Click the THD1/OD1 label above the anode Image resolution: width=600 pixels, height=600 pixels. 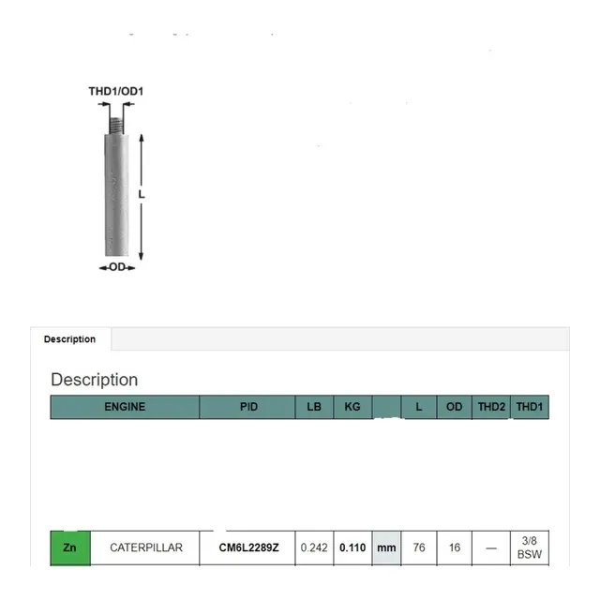[x=115, y=91]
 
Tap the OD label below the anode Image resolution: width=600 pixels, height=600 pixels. [x=117, y=267]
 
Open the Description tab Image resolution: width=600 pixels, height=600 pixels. [x=69, y=339]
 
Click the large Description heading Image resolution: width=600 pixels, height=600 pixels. [x=94, y=380]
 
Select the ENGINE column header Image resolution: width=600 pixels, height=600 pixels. [x=125, y=407]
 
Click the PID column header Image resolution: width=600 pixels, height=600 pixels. [x=248, y=407]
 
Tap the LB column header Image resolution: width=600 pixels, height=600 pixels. [x=313, y=407]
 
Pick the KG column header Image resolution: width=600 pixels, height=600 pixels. [x=352, y=407]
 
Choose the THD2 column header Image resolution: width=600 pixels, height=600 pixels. [x=491, y=407]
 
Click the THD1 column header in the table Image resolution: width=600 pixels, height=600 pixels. [x=530, y=407]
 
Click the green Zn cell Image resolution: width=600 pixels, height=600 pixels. [x=70, y=547]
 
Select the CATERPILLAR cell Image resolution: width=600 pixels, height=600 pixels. [x=146, y=547]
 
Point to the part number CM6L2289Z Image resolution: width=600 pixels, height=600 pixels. [x=248, y=547]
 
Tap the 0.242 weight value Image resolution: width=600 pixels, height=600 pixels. [x=313, y=547]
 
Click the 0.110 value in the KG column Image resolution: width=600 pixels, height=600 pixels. [x=352, y=547]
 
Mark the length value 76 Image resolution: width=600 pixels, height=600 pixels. [x=419, y=547]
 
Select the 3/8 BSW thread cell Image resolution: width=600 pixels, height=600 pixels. [x=530, y=547]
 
